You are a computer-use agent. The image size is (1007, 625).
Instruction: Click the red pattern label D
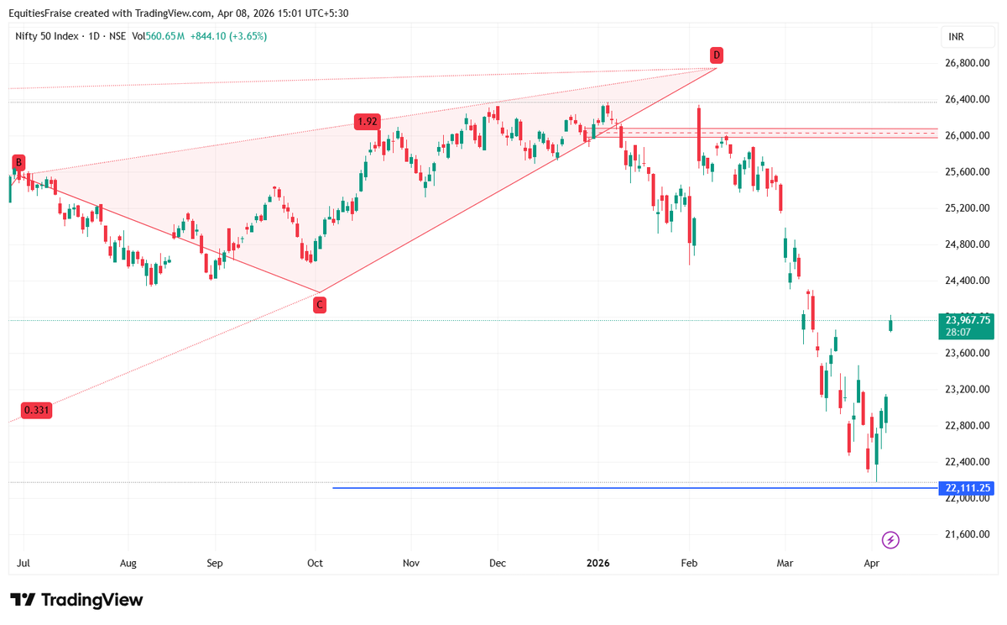tap(716, 55)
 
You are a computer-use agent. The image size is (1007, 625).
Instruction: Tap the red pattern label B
tap(18, 163)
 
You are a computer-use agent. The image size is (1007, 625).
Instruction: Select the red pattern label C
tap(320, 306)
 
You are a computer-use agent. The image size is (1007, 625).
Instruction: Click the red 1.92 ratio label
tap(368, 122)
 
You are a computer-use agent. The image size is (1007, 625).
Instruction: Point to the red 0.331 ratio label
tap(35, 410)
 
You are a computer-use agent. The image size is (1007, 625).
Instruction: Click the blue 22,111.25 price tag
tap(968, 488)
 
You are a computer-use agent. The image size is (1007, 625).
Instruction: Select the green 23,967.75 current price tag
tap(968, 320)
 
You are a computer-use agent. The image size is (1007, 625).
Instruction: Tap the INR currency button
tap(956, 37)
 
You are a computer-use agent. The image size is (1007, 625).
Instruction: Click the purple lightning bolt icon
tap(891, 540)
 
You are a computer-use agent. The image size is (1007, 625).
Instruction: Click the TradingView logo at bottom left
tap(76, 600)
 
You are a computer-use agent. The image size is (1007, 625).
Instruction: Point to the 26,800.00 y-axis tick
tap(968, 63)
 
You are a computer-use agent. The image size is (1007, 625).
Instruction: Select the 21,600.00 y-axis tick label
tap(968, 534)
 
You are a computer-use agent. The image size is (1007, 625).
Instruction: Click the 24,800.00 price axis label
tap(968, 244)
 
